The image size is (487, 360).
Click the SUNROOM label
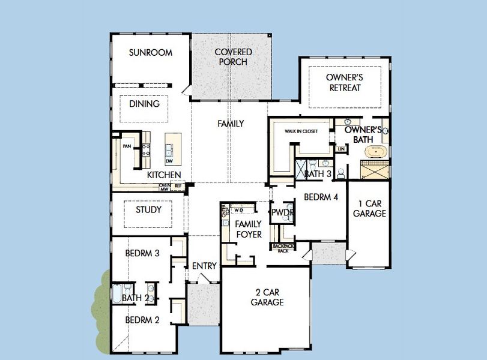151,53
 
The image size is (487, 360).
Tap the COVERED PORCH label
233,57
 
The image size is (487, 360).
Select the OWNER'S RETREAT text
345,83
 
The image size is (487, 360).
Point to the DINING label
144,104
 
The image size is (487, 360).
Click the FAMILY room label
231,124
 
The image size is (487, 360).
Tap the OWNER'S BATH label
363,135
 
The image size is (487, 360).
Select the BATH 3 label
318,175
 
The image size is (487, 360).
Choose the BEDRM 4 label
321,197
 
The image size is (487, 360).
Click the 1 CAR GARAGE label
369,208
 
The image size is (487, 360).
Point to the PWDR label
282,212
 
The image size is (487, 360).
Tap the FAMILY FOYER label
248,229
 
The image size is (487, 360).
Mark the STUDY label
148,210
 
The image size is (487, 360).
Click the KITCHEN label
164,175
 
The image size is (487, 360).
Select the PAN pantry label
127,146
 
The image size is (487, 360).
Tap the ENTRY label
204,266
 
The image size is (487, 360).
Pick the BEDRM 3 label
142,254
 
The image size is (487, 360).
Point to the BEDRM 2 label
142,320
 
